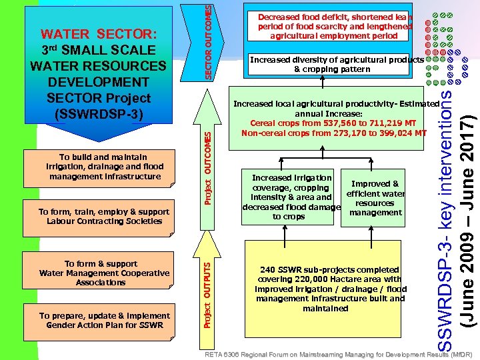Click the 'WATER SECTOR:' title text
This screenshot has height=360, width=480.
point(99,34)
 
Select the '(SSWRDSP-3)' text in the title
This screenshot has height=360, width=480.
point(99,113)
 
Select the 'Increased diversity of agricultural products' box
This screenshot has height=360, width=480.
point(336,65)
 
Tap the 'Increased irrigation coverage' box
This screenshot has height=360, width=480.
point(291,197)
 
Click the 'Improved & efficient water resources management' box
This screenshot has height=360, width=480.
point(375,198)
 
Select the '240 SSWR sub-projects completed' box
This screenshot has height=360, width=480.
point(330,289)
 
